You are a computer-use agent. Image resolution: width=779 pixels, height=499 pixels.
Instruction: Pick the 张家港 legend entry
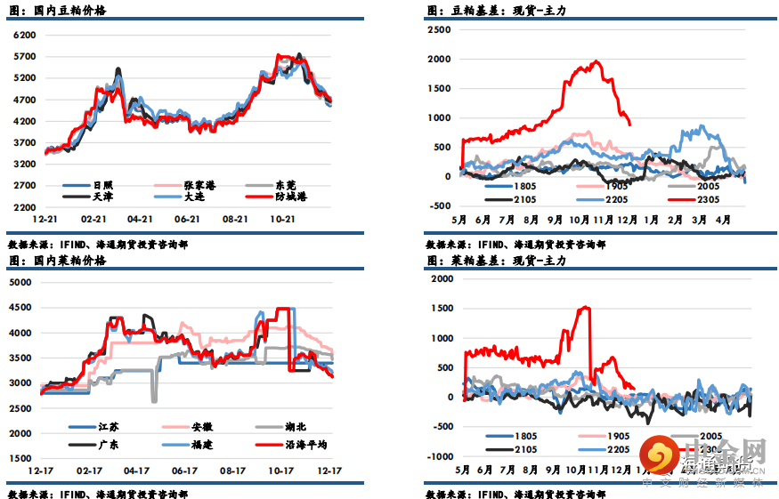coord(200,183)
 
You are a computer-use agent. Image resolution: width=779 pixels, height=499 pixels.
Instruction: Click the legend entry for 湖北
coord(299,426)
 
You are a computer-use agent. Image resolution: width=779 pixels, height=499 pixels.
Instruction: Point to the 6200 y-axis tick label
coord(25,35)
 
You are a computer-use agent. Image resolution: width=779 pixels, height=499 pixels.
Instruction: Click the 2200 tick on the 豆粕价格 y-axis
coord(25,206)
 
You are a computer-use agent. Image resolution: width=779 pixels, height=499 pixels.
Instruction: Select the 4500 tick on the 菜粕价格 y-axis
coord(20,308)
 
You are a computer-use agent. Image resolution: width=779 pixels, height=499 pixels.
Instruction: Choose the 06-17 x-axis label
coord(185,470)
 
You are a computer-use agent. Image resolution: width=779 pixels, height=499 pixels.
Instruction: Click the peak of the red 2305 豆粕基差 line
coord(596,62)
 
